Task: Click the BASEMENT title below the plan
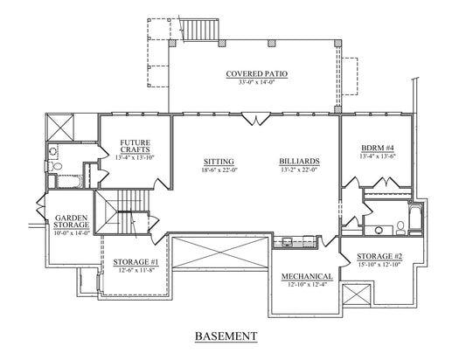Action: click(226, 336)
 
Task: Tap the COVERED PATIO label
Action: click(257, 73)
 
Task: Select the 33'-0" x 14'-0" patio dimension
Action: click(256, 82)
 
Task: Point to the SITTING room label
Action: click(219, 162)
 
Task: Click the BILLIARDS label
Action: click(299, 162)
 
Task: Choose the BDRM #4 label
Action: click(378, 148)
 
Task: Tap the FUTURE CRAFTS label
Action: click(136, 146)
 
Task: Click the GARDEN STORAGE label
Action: click(72, 222)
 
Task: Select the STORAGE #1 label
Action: click(136, 262)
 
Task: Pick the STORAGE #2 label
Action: click(379, 256)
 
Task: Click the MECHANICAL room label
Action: click(307, 276)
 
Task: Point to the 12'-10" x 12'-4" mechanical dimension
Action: click(307, 285)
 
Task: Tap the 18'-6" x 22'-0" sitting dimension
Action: click(219, 170)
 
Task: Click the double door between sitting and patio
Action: click(255, 119)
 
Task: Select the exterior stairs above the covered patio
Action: click(200, 30)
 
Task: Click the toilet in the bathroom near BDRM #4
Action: click(400, 228)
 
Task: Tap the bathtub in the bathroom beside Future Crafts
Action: click(70, 182)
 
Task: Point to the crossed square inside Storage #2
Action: click(357, 294)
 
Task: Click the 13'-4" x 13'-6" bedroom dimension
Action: click(378, 156)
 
